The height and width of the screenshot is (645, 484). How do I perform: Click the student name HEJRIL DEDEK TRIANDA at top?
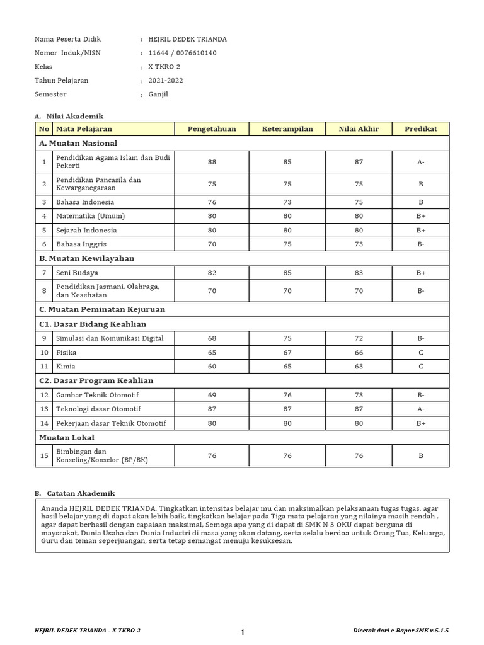[x=187, y=39]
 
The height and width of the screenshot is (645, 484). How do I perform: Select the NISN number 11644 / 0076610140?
[x=182, y=53]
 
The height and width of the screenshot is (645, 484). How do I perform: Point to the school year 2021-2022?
[x=166, y=81]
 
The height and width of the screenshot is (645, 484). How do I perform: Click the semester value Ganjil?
[x=158, y=94]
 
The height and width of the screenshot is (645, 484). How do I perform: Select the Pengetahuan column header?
[x=212, y=129]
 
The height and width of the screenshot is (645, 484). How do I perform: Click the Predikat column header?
[x=420, y=129]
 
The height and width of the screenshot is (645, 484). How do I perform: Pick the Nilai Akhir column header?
[x=359, y=129]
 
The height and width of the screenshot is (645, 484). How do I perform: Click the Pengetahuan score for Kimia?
[x=212, y=366]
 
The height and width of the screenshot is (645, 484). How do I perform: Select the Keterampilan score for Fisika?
[x=287, y=352]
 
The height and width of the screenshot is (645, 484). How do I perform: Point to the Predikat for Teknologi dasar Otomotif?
[x=420, y=409]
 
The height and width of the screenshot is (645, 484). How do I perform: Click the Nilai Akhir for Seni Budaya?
[x=359, y=273]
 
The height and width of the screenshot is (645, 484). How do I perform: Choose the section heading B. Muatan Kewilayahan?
[x=86, y=258]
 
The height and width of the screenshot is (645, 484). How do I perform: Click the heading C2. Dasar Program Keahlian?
[x=96, y=380]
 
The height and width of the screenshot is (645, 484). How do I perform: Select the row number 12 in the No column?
[x=44, y=395]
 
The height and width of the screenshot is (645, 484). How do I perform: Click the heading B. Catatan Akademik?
[x=74, y=493]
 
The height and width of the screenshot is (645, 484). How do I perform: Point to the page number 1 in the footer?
[x=242, y=632]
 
